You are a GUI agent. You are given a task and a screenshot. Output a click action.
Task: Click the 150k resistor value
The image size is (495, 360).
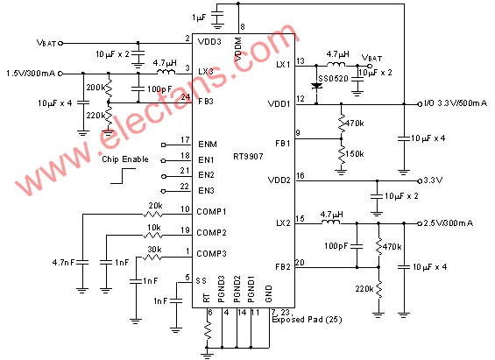click(x=355, y=153)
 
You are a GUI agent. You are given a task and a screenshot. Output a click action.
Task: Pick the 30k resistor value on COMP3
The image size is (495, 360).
click(x=152, y=248)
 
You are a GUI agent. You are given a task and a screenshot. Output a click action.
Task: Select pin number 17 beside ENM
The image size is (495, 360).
click(x=185, y=139)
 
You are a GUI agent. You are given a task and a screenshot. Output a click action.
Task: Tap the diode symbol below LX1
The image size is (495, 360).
click(x=317, y=86)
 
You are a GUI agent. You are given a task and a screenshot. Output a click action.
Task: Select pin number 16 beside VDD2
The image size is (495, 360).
click(x=301, y=176)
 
